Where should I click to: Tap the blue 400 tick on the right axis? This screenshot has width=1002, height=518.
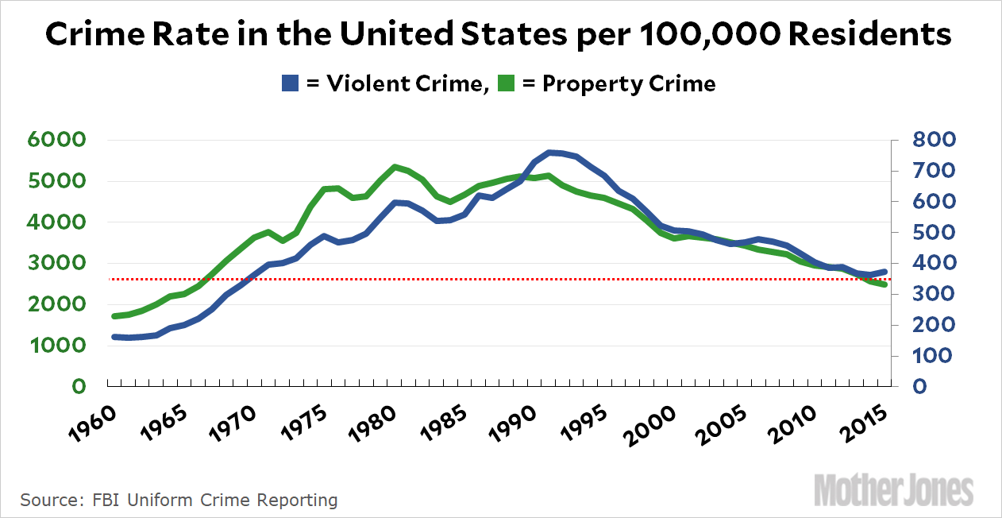tap(935, 263)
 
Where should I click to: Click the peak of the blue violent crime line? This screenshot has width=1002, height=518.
tap(549, 152)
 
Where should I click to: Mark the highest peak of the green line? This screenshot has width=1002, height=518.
tap(395, 167)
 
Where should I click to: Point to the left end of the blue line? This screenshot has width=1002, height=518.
tap(114, 337)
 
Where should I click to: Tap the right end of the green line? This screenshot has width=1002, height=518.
tap(884, 284)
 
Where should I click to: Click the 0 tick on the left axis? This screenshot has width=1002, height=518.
tap(78, 387)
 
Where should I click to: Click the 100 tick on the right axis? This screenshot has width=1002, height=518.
tap(935, 356)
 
